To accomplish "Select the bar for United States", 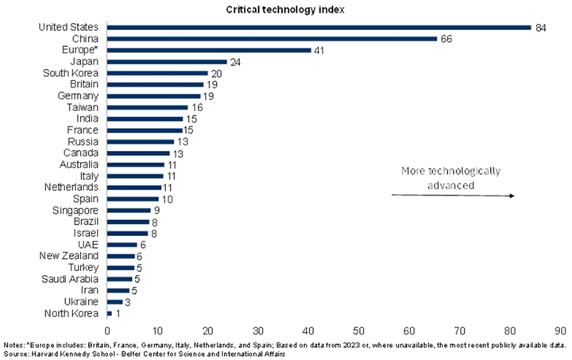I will pyautogui.click(x=319, y=27).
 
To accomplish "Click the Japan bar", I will pyautogui.click(x=166, y=61).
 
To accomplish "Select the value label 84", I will pyautogui.click(x=541, y=27).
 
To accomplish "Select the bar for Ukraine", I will pyautogui.click(x=115, y=302).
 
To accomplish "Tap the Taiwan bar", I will pyautogui.click(x=147, y=107).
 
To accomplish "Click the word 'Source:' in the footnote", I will pyautogui.click(x=17, y=353).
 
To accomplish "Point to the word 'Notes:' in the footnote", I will pyautogui.click(x=14, y=345).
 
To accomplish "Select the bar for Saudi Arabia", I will pyautogui.click(x=120, y=279).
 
